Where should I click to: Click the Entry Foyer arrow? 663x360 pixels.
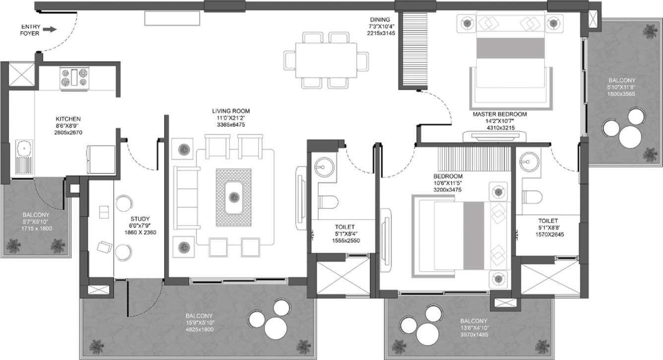click(49, 30)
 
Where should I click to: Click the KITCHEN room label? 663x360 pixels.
click(68, 119)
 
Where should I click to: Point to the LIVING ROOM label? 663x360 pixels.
click(230, 111)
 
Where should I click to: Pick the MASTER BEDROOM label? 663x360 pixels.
click(499, 114)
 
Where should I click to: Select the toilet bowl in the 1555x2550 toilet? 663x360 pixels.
click(328, 201)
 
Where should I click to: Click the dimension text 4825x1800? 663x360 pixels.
click(199, 329)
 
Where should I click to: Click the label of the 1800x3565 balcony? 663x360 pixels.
click(622, 80)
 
